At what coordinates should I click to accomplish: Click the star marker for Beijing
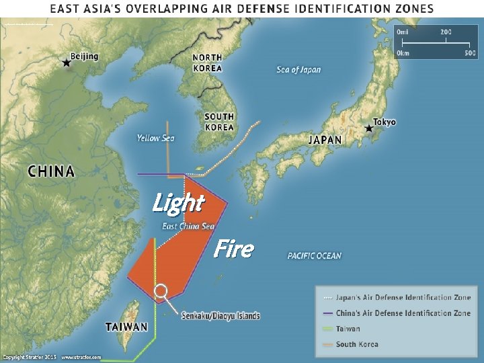66,63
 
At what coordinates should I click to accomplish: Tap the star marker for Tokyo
368,128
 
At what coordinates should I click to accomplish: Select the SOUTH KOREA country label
220,122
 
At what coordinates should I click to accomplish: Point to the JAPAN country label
325,140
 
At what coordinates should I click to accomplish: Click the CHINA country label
51,171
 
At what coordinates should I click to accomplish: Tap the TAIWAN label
126,327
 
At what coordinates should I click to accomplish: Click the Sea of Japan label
298,70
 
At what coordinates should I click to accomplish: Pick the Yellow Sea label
155,138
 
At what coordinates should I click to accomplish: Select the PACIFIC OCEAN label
314,256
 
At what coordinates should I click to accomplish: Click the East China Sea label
188,226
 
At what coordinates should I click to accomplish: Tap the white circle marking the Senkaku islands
161,291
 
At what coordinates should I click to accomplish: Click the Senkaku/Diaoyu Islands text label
220,315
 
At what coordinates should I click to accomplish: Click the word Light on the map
177,202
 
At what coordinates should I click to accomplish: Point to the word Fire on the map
233,249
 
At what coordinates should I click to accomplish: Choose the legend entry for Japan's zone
403,297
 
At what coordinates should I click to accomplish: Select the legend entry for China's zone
403,313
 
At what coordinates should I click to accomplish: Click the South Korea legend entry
357,344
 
